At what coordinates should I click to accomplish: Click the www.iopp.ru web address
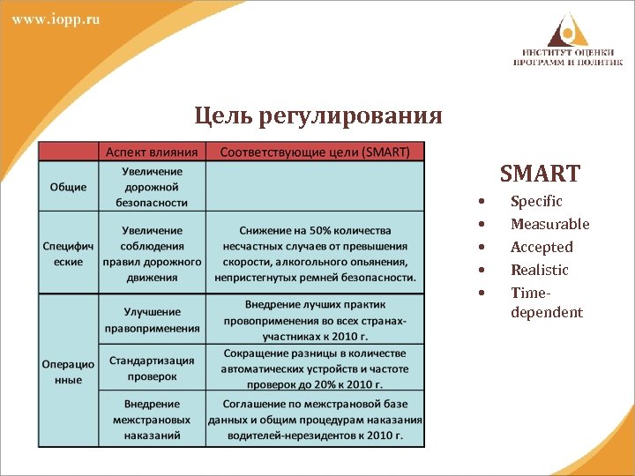[56, 19]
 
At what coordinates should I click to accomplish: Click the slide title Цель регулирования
[318, 115]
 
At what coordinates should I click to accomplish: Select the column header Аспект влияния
[151, 152]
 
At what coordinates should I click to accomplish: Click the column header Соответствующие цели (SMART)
[315, 152]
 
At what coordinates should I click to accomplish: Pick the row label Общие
[68, 187]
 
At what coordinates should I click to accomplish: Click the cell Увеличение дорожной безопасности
[152, 187]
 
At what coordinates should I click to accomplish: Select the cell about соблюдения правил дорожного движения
[152, 253]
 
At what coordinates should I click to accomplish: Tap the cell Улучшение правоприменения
[152, 320]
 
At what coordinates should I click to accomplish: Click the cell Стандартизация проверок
[152, 368]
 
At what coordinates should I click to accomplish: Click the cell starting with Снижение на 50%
[315, 253]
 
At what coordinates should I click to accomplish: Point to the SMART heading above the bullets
[540, 173]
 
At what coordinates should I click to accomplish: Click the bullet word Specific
[536, 202]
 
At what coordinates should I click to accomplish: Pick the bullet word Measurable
[550, 225]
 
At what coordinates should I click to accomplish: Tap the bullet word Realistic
[540, 270]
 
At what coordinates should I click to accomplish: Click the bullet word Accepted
[542, 248]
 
